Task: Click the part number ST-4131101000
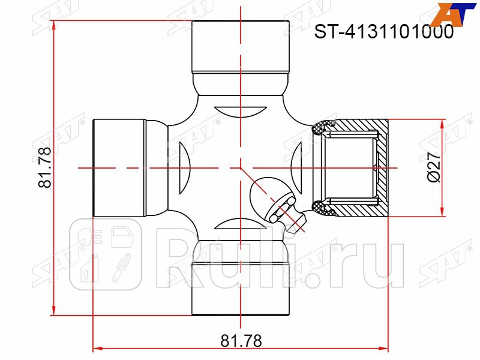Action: click(384, 32)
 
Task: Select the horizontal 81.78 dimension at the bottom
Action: click(241, 341)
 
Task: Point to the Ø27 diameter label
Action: click(434, 167)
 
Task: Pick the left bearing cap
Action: click(119, 168)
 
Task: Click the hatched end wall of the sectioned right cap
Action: click(383, 168)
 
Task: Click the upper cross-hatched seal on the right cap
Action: click(321, 127)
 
